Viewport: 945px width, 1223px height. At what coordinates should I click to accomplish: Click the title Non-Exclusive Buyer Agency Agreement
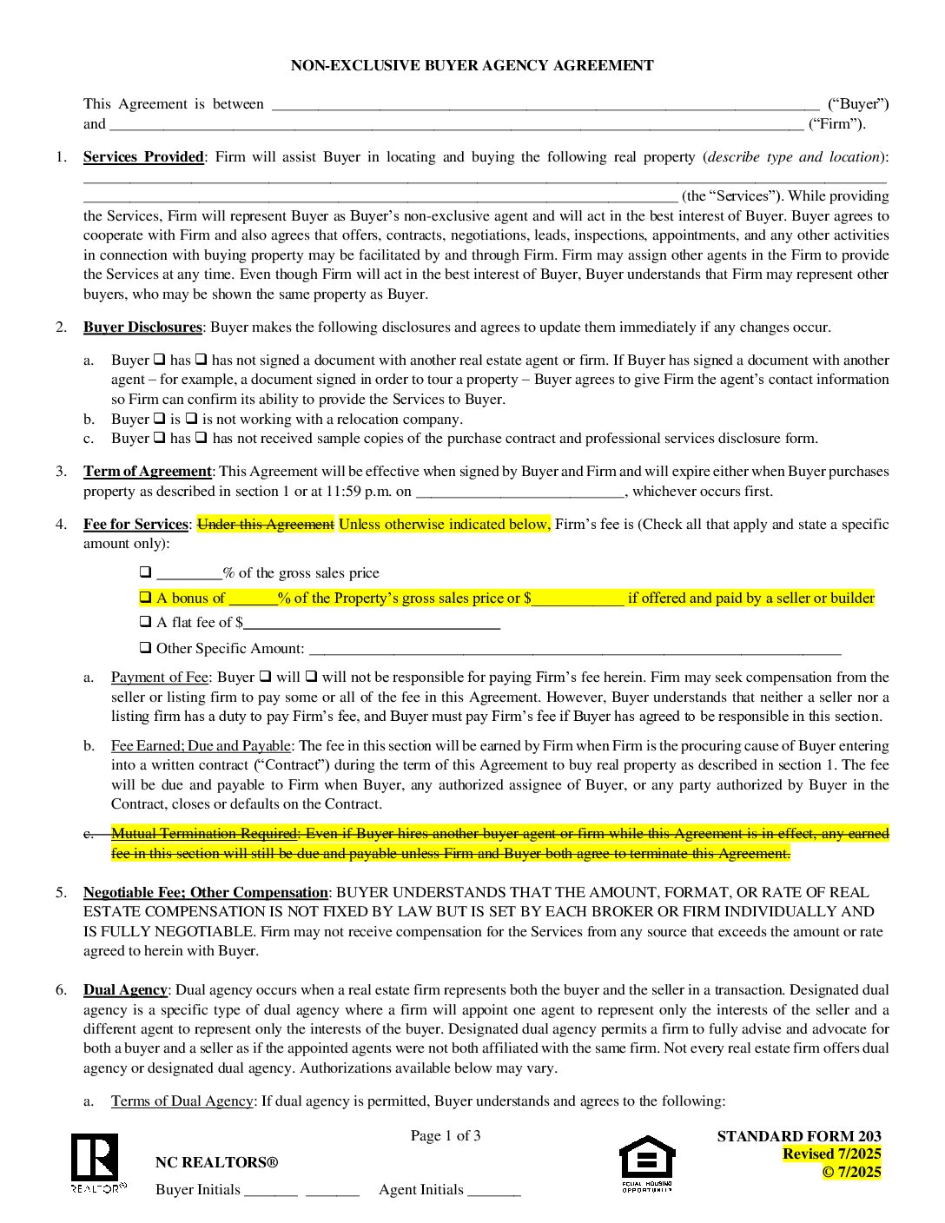[x=472, y=65]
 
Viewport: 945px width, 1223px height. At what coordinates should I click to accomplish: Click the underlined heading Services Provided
[x=143, y=157]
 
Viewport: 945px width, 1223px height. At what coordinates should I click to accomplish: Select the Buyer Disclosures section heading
[x=142, y=327]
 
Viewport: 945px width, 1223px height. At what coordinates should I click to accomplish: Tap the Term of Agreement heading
[x=147, y=472]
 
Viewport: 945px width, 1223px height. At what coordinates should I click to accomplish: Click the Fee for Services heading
[x=135, y=525]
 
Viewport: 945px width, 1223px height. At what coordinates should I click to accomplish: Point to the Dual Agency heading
[x=125, y=990]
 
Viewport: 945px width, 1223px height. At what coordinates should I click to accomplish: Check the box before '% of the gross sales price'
[x=145, y=572]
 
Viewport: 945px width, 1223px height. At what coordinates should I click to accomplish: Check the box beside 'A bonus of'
[x=145, y=598]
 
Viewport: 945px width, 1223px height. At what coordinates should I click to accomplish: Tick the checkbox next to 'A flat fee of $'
[x=145, y=622]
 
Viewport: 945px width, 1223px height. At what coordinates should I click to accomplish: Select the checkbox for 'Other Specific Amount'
[x=145, y=648]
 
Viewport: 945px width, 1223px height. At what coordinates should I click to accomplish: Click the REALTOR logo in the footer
[x=96, y=1162]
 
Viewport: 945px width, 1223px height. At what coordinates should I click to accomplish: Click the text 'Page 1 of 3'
[x=446, y=1136]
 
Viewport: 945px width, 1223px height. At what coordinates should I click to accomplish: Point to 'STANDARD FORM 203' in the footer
[x=799, y=1136]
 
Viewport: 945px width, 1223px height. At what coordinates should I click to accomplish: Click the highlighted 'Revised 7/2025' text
[x=831, y=1154]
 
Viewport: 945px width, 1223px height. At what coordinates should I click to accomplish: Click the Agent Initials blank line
[x=493, y=1192]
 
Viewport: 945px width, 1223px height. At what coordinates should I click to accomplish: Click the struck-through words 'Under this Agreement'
[x=266, y=525]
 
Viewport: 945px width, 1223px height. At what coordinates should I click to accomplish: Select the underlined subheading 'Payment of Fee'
[x=160, y=678]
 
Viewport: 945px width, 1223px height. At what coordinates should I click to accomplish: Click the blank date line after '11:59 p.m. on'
[x=520, y=493]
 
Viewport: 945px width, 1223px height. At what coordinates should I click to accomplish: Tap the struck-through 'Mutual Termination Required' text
[x=205, y=834]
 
